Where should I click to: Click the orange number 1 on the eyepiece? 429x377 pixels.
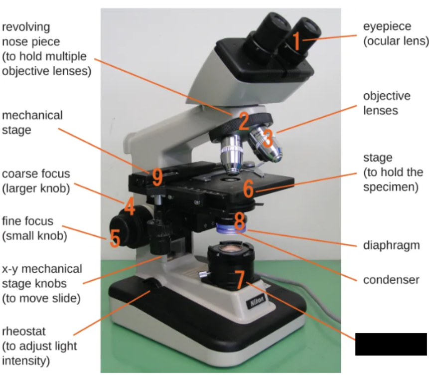(x=296, y=41)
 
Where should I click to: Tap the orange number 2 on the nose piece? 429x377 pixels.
(x=244, y=121)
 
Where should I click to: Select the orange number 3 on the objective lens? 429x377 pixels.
(x=268, y=138)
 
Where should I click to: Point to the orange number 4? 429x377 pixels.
(x=130, y=206)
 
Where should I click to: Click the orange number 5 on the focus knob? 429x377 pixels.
(x=115, y=238)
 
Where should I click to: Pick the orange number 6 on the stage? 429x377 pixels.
(x=249, y=188)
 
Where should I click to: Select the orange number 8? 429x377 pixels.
(x=240, y=221)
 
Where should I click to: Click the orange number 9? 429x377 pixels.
(x=157, y=177)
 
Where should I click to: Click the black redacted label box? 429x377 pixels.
(x=391, y=344)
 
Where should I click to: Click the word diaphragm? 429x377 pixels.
(x=391, y=245)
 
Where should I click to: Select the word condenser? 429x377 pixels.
(x=391, y=280)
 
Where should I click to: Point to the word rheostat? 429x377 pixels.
(x=24, y=331)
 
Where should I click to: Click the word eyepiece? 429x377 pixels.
(x=387, y=27)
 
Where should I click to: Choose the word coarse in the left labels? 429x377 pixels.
(x=19, y=174)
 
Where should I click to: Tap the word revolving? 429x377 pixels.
(x=26, y=27)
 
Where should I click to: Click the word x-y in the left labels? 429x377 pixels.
(x=10, y=269)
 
